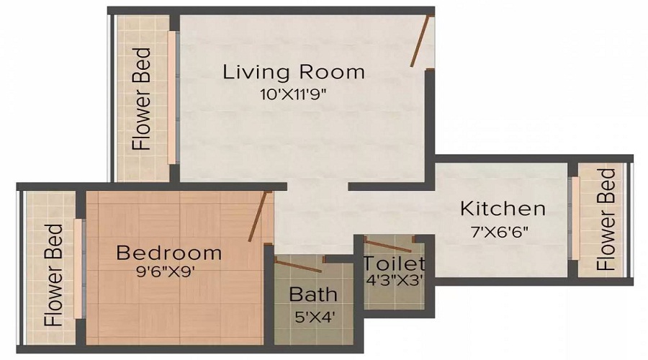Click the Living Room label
click(293, 73)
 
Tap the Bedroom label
click(168, 253)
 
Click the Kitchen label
click(503, 210)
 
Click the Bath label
click(312, 294)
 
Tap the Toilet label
click(394, 264)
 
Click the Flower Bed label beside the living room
click(142, 99)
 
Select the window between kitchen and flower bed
click(573, 218)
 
